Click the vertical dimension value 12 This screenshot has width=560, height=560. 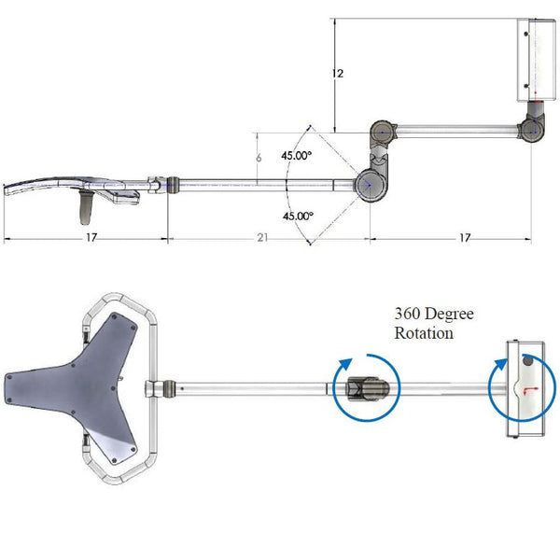tap(339, 73)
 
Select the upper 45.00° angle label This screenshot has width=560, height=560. tap(297, 156)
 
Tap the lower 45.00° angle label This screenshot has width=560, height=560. tap(298, 216)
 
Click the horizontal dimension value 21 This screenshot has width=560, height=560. tap(263, 238)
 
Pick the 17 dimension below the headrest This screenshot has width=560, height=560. tap(90, 238)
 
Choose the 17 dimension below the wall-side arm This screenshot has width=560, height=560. tap(464, 238)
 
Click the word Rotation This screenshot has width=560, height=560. tap(424, 333)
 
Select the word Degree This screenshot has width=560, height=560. tap(450, 315)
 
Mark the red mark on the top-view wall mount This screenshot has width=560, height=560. tap(529, 390)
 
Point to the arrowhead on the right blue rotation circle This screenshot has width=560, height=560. tap(507, 367)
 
